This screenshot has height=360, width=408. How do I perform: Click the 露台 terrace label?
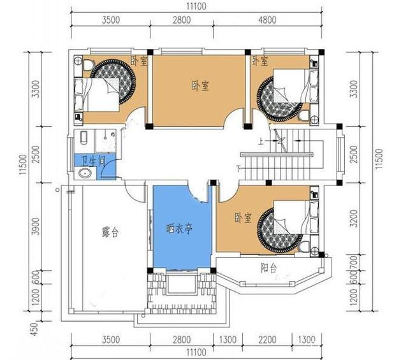tap(110, 232)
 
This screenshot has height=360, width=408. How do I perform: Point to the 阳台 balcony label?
tap(268, 267)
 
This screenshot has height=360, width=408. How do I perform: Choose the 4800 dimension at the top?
tap(268, 20)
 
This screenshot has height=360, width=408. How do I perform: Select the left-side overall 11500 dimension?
tap(22, 162)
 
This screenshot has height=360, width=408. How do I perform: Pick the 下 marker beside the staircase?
tap(238, 169)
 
